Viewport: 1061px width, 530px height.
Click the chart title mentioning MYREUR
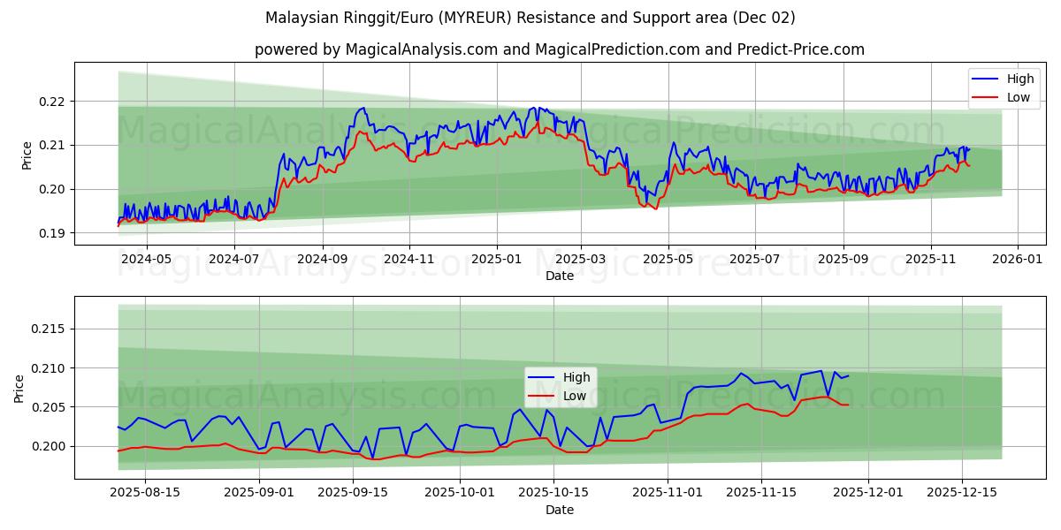point(530,18)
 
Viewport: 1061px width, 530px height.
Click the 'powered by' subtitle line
point(559,49)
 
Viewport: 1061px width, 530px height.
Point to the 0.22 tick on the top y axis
point(53,102)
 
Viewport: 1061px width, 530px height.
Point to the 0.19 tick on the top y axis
point(53,233)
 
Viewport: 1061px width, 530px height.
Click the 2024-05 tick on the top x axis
point(146,260)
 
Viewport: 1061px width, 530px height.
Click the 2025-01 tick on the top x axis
point(496,260)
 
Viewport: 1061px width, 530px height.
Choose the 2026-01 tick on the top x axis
point(1018,260)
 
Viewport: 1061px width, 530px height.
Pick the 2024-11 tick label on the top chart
point(409,260)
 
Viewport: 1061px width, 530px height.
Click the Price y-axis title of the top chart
point(27,155)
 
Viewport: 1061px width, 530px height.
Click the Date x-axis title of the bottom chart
point(559,510)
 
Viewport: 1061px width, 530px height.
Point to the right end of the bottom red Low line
point(848,405)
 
